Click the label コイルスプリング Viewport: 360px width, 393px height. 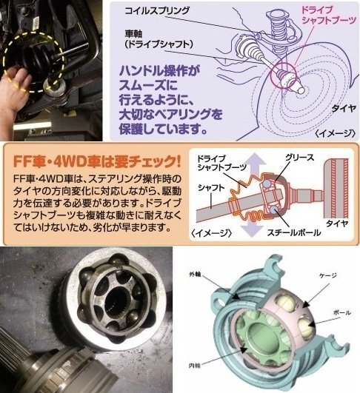coord(156,11)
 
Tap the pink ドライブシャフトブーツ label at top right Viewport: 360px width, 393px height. coord(329,15)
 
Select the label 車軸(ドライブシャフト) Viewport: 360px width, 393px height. coord(159,39)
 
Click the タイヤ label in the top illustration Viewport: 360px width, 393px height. coord(344,109)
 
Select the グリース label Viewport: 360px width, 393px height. coord(299,158)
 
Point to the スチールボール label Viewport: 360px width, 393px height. coord(293,232)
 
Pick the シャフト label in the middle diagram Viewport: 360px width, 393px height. coord(211,187)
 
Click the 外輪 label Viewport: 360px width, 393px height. coord(195,275)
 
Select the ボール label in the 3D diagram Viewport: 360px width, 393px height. coord(341,312)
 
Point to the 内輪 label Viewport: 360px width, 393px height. coord(194,366)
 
